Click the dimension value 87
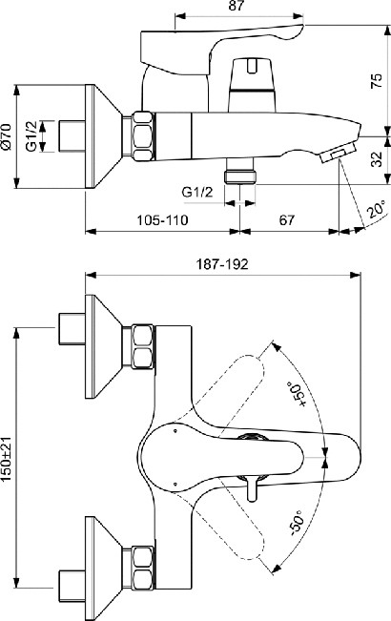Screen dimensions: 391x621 pyautogui.click(x=237, y=6)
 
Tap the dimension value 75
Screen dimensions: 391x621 pyautogui.click(x=377, y=80)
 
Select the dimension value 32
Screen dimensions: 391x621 pyautogui.click(x=377, y=158)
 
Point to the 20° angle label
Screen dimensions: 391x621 pyautogui.click(x=377, y=210)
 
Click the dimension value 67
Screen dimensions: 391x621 pyautogui.click(x=287, y=219)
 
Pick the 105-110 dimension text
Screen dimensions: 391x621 pyautogui.click(x=162, y=219)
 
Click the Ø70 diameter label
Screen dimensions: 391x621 pyautogui.click(x=7, y=136)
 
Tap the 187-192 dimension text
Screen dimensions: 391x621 pyautogui.click(x=222, y=264)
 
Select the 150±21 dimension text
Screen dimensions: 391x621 pyautogui.click(x=7, y=460)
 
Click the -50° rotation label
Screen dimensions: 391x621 pyautogui.click(x=296, y=523)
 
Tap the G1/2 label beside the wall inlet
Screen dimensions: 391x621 pyautogui.click(x=31, y=136)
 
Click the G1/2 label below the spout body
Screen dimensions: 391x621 pyautogui.click(x=197, y=193)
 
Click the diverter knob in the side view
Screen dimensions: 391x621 pyautogui.click(x=252, y=85)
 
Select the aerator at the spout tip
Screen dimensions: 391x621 pyautogui.click(x=338, y=154)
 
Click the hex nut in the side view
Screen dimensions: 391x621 pyautogui.click(x=143, y=136)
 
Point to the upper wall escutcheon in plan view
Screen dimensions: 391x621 pyautogui.click(x=103, y=346)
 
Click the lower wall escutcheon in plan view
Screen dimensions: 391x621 pyautogui.click(x=103, y=569)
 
